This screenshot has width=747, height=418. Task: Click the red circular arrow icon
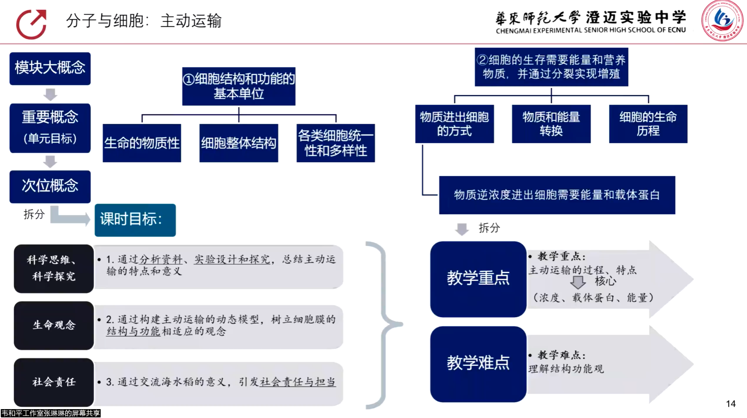point(31,24)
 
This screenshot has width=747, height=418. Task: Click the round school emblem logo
point(722,20)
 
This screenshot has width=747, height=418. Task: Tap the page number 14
point(730,404)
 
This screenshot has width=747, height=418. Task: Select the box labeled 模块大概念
point(50,68)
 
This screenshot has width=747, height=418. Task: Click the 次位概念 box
point(50,186)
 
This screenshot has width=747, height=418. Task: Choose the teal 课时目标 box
point(135,220)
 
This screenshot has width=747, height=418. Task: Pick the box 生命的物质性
point(142,143)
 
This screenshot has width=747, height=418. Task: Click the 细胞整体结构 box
point(239,143)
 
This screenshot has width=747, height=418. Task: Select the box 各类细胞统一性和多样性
point(336,143)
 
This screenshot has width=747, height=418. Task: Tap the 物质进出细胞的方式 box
point(454,124)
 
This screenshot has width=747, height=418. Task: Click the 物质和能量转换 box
point(551,124)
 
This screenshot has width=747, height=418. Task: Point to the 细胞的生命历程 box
point(648,124)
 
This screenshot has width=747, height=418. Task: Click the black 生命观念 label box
point(54,325)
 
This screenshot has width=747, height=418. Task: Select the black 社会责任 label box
point(54,382)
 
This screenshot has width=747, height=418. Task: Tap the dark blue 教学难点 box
point(478,364)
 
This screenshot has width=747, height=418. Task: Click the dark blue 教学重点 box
point(478,279)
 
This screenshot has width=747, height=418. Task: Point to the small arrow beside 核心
point(578,282)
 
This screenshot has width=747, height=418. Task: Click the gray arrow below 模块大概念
point(50,94)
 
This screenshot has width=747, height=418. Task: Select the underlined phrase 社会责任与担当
point(298,382)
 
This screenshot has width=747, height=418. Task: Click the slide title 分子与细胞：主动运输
point(144,21)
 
